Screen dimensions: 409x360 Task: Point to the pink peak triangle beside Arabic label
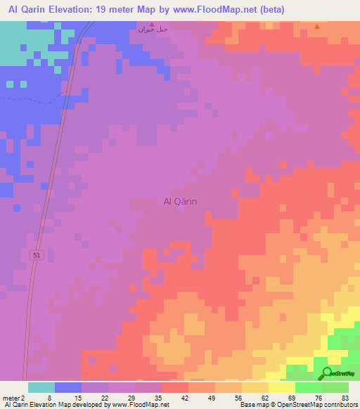tap(150, 24)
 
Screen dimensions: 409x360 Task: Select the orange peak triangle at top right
tap(316, 27)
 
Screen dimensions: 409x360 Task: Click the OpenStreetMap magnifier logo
tap(327, 374)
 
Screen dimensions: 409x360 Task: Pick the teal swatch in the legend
tap(41, 387)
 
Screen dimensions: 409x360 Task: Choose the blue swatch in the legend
tap(68, 387)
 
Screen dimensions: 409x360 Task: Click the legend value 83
tap(345, 397)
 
